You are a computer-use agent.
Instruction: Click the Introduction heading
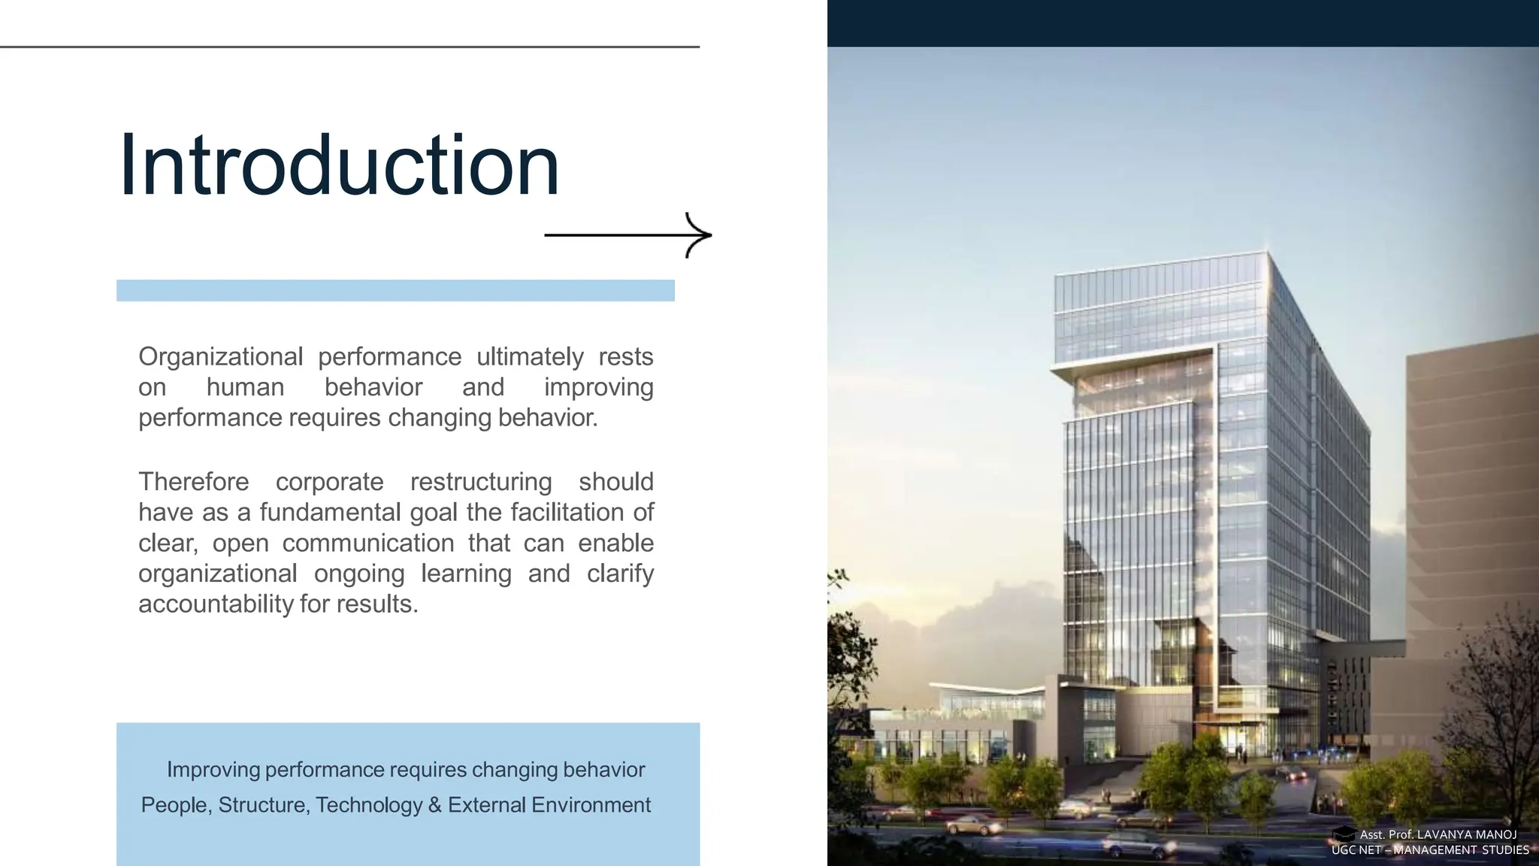pos(339,165)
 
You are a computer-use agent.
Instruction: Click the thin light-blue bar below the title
pos(395,290)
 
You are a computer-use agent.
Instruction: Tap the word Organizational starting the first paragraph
pos(220,356)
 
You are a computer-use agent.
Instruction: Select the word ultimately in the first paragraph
pos(530,356)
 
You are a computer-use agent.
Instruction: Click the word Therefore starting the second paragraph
pos(193,481)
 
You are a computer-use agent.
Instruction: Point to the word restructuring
pos(481,481)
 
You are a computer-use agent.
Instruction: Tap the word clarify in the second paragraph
pos(620,573)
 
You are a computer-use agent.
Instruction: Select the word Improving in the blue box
pos(213,770)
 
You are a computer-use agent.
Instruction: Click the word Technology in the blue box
pos(368,805)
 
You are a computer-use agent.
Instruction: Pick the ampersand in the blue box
pos(434,805)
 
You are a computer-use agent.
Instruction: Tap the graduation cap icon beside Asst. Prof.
pos(1344,834)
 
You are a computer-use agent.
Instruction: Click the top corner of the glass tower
pos(1267,254)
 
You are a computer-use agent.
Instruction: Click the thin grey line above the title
pos(349,47)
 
